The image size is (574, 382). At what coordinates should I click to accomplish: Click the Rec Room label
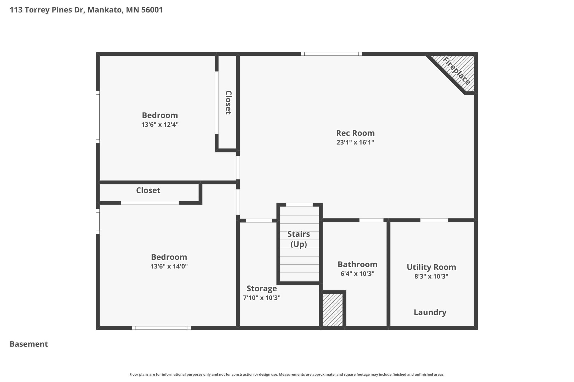[x=355, y=133]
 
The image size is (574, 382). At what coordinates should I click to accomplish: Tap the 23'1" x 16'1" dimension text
[x=355, y=142]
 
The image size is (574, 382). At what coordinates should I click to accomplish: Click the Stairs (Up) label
[x=299, y=239]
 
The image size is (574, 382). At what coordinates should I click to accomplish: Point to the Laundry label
[x=430, y=312]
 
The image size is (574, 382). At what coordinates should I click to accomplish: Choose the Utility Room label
[x=431, y=267]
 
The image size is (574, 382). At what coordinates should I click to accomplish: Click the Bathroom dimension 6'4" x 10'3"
[x=357, y=274]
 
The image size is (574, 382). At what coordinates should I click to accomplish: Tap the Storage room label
[x=262, y=289]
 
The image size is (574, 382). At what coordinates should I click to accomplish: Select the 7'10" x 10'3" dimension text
[x=262, y=298]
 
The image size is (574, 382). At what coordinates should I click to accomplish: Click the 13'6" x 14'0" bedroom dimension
[x=169, y=266]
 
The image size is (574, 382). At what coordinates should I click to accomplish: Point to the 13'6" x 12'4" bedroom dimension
[x=160, y=125]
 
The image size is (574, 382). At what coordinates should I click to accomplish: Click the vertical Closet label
[x=228, y=102]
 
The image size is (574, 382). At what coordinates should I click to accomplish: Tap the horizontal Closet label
[x=148, y=190]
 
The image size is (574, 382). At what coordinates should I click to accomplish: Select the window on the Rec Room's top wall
[x=331, y=54]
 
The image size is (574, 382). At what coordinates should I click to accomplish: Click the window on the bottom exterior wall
[x=161, y=328]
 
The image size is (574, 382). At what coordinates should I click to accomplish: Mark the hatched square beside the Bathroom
[x=333, y=310]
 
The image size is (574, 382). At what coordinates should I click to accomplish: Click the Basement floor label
[x=29, y=344]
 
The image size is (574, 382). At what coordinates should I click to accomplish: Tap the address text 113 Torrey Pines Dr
[x=47, y=10]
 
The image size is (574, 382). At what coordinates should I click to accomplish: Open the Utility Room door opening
[x=434, y=220]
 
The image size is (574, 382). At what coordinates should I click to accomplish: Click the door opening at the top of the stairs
[x=299, y=205]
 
